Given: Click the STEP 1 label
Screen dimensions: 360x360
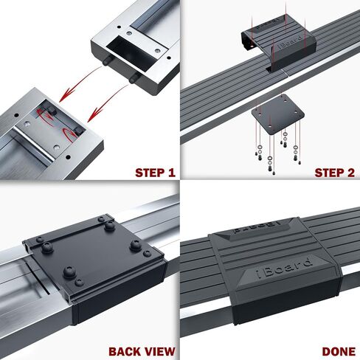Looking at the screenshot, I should click(154, 173).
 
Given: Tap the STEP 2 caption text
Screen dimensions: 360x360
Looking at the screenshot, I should click(335, 173).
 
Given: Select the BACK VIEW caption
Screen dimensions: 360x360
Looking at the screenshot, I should click(141, 352).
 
